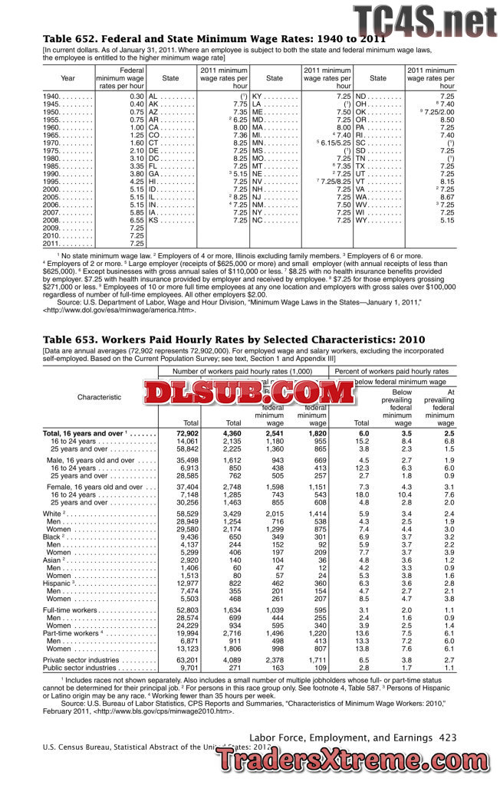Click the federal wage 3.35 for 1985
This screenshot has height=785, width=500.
(137, 166)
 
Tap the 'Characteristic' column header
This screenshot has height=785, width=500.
(99, 397)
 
